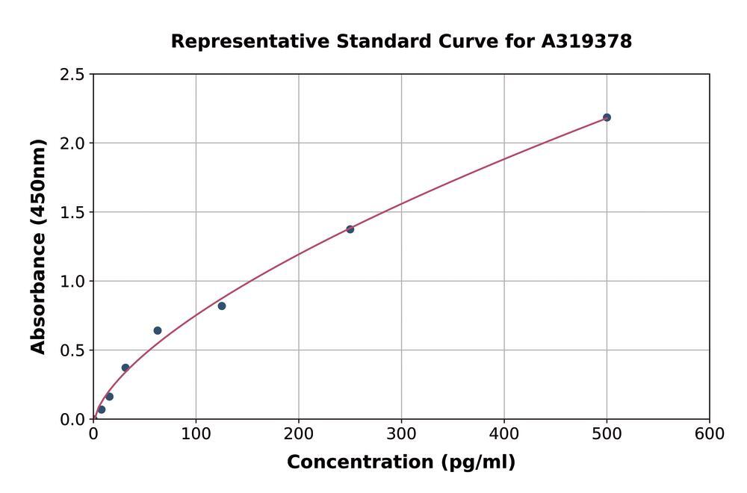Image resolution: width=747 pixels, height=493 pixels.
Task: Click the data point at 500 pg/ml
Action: point(607,117)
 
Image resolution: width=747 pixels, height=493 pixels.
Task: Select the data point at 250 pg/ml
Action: point(350,229)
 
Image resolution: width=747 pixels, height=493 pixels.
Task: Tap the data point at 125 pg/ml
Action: point(222,306)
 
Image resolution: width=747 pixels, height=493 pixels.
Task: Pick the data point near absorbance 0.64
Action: point(158,330)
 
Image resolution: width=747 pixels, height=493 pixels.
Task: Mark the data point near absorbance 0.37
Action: point(125,368)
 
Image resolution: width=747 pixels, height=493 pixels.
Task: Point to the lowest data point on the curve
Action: point(102,409)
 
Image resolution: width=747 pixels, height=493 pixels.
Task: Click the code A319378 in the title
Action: point(586,41)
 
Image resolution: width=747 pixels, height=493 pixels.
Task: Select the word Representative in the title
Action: point(250,41)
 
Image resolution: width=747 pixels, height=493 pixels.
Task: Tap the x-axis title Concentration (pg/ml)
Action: point(401,462)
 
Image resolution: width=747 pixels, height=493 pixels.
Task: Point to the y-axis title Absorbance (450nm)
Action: point(38,246)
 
